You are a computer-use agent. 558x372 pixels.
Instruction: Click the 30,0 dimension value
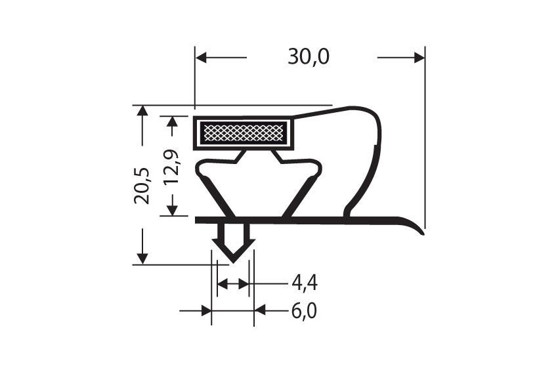(x=308, y=58)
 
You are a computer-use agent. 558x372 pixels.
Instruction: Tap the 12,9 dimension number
(x=173, y=168)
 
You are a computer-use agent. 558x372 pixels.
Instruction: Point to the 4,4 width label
(x=305, y=283)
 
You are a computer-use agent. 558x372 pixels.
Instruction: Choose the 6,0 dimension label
(x=304, y=310)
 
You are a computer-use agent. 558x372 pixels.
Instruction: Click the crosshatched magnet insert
(x=242, y=133)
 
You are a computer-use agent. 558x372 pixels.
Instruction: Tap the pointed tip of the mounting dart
(x=231, y=260)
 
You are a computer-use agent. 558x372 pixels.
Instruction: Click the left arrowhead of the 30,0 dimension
(x=201, y=58)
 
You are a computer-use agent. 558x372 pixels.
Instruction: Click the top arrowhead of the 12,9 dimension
(x=173, y=121)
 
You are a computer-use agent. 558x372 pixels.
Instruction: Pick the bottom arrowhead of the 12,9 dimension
(x=173, y=211)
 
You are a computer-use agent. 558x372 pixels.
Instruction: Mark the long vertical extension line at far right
(x=425, y=144)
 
